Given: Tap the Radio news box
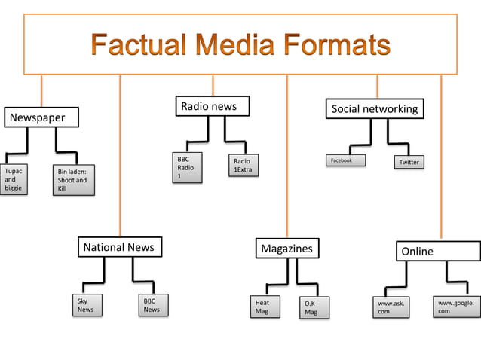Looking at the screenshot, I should [x=212, y=107].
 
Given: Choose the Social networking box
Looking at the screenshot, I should [x=374, y=109].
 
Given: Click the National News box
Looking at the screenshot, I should [x=119, y=247].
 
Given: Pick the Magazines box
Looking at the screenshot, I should [x=286, y=249].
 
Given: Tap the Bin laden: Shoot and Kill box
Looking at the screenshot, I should [x=73, y=181].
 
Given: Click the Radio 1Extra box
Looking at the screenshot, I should [x=244, y=166].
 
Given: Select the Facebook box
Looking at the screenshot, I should [x=345, y=160].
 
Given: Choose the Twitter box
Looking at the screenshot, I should [x=409, y=162].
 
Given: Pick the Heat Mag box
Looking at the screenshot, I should [x=266, y=307].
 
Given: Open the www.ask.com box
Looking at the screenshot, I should [x=391, y=307].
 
